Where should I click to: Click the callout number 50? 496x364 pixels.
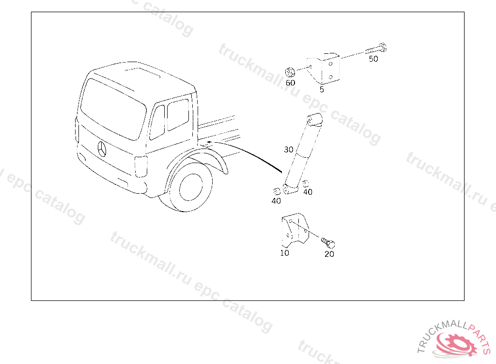pyautogui.click(x=373, y=59)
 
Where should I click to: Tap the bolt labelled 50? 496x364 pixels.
pyautogui.click(x=376, y=49)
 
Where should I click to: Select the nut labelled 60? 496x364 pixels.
pyautogui.click(x=290, y=72)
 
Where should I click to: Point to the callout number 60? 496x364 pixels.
pyautogui.click(x=291, y=83)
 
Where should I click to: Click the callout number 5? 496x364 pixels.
pyautogui.click(x=322, y=89)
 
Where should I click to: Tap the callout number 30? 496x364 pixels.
pyautogui.click(x=289, y=149)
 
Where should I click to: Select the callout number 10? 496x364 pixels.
pyautogui.click(x=284, y=253)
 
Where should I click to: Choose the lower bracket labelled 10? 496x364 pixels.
pyautogui.click(x=295, y=230)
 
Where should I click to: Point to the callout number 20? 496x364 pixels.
pyautogui.click(x=329, y=254)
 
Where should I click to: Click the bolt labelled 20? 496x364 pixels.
pyautogui.click(x=328, y=243)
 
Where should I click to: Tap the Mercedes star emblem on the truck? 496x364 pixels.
pyautogui.click(x=102, y=149)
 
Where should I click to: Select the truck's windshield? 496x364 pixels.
pyautogui.click(x=113, y=109)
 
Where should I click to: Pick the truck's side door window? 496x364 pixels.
pyautogui.click(x=178, y=115)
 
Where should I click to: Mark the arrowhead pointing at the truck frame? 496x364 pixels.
pyautogui.click(x=208, y=142)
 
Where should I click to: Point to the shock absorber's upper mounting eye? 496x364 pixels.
pyautogui.click(x=315, y=119)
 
